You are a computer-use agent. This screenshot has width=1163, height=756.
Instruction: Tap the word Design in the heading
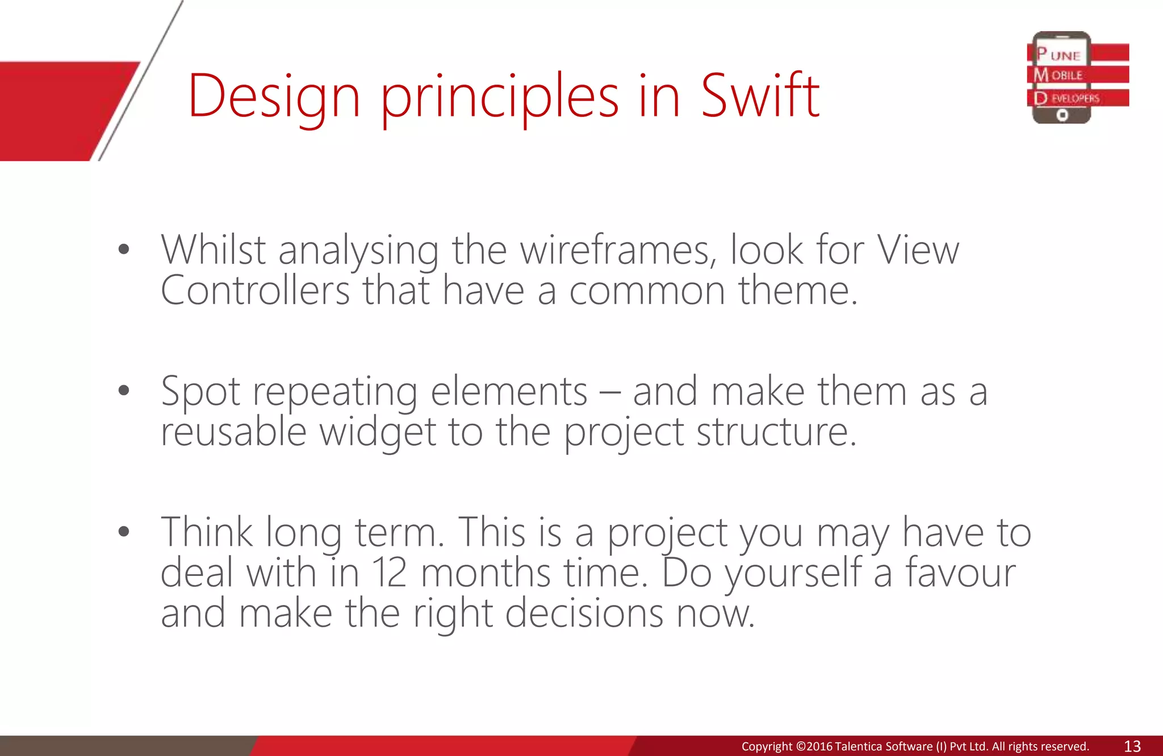pos(274,97)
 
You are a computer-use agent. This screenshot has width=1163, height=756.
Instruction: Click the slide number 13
pos(1132,746)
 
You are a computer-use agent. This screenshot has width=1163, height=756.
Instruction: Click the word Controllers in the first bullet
pos(255,291)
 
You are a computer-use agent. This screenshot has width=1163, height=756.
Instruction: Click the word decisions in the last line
pos(584,613)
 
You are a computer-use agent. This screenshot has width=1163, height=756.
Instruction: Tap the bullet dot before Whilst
pos(124,249)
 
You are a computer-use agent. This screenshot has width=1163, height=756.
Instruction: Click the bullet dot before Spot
pos(124,390)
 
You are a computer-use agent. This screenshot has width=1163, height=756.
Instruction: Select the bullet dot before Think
pos(124,532)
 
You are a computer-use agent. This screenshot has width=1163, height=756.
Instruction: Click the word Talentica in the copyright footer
pos(859,746)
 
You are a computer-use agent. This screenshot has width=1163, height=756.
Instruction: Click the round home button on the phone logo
pos(1062,115)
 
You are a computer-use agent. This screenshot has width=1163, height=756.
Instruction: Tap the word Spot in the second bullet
pos(200,392)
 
